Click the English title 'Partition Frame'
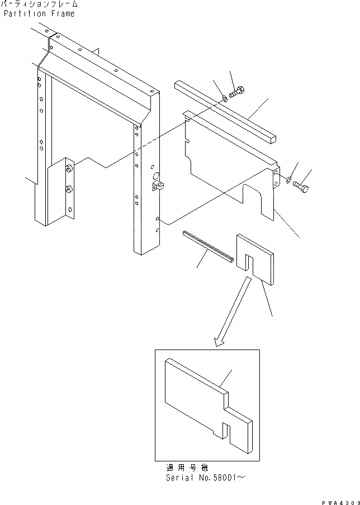pos(39,13)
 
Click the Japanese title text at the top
pos(39,4)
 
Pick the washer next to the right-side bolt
pos(287,180)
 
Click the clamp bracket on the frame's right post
pos(157,186)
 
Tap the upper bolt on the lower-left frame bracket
pos(69,169)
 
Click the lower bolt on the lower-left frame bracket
pos(68,190)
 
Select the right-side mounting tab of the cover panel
pos(276,178)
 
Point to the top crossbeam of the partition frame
pos(101,67)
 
